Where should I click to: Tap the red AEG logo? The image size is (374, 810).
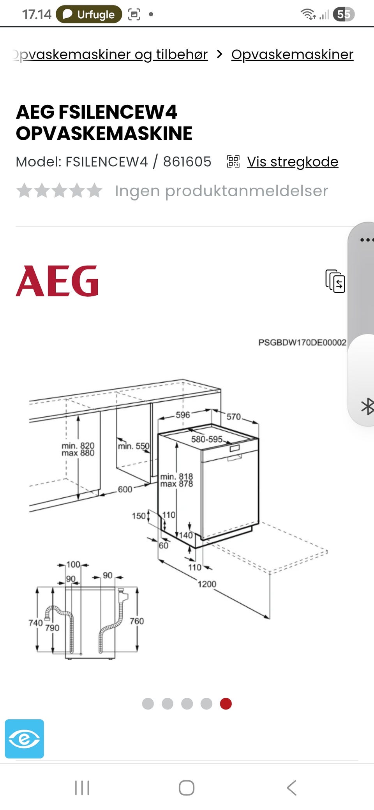(x=57, y=281)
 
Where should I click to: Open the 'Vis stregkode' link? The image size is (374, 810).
(x=293, y=162)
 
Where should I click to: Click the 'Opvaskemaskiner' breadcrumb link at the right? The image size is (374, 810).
(x=292, y=55)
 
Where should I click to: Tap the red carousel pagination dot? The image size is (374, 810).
(x=226, y=704)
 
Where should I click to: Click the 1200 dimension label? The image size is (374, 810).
(x=207, y=584)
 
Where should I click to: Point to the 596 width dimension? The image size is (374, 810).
(x=183, y=415)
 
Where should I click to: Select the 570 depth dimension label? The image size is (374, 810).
(x=234, y=417)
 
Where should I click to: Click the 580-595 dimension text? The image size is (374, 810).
(x=207, y=439)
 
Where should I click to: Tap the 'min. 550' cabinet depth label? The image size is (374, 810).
(x=134, y=446)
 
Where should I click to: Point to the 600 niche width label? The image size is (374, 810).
(x=125, y=489)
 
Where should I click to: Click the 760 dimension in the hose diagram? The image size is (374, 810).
(x=137, y=621)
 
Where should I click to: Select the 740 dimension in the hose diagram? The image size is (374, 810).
(x=35, y=623)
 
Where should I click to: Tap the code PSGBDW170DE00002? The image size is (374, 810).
(x=302, y=342)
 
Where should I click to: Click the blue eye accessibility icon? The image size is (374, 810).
(x=25, y=739)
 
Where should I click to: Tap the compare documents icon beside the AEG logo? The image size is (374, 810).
(x=335, y=281)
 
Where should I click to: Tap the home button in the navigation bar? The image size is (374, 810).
(x=187, y=788)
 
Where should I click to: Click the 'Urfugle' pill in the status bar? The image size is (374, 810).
(x=89, y=14)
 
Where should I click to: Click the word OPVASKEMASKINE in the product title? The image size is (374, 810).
(x=104, y=134)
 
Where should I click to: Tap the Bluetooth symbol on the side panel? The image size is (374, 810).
(x=367, y=407)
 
